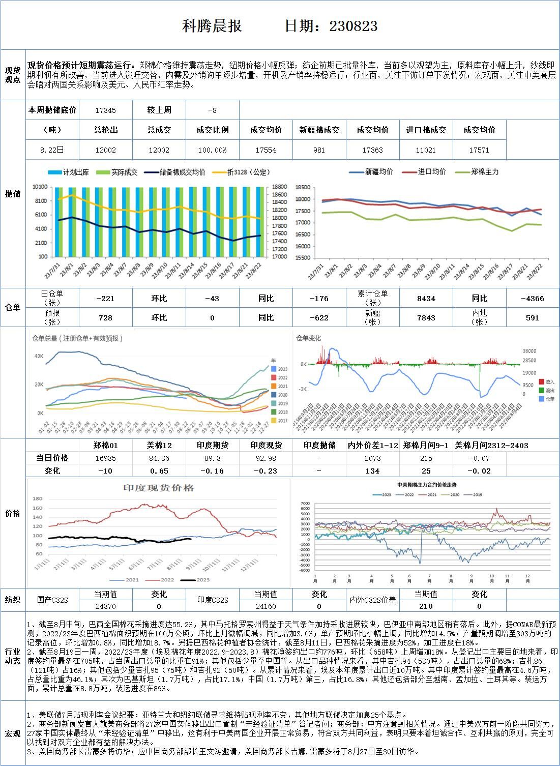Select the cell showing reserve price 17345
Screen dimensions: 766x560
105,110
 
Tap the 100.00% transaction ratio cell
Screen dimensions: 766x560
212,150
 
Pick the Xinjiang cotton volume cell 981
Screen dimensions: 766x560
319,150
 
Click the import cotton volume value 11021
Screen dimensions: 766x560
426,150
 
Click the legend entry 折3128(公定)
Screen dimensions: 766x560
248,172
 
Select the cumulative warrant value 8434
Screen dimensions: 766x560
426,299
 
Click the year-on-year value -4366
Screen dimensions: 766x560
532,299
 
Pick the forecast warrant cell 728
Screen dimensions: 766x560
105,317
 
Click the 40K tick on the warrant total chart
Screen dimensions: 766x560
39,356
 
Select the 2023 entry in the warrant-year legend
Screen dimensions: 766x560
282,369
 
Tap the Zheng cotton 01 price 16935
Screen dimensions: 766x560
105,458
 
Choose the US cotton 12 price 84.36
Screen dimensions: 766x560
159,458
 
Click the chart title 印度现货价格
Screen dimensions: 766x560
159,488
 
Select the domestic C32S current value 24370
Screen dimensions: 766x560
105,606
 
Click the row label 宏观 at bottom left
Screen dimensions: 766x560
13,733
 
